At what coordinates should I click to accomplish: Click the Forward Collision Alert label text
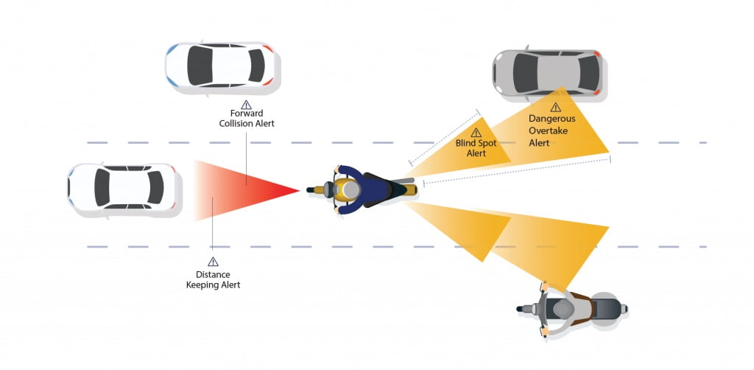coord(247,119)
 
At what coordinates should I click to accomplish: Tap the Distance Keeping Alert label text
coord(213,280)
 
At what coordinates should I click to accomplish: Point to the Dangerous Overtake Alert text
coord(552,130)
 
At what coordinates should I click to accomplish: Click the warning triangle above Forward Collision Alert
coord(246,105)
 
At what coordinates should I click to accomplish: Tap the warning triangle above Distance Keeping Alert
coord(213,262)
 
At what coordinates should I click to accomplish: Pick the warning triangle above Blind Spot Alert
coord(476,133)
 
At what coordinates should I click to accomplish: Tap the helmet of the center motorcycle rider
coord(351,190)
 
